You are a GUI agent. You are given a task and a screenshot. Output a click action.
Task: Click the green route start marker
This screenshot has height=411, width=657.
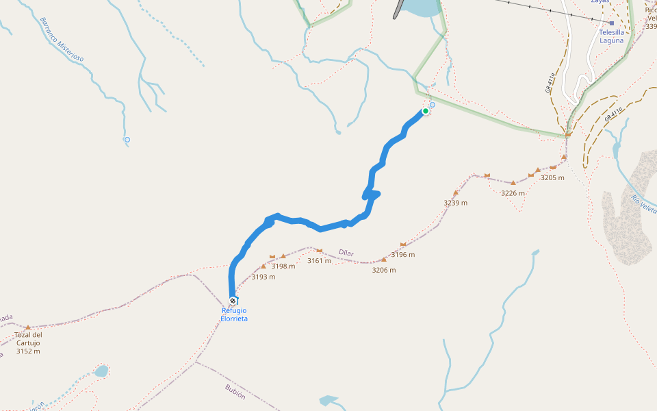click(425, 111)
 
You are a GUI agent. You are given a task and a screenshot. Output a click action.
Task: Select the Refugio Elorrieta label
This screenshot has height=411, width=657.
click(234, 314)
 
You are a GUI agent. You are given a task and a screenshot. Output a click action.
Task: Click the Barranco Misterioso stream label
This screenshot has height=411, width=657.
click(62, 40)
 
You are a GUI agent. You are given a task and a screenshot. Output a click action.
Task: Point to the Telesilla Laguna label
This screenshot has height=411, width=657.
click(611, 36)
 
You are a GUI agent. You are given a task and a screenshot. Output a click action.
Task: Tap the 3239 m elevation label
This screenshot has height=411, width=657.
click(455, 203)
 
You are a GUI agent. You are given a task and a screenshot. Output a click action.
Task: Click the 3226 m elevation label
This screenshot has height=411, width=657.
click(513, 193)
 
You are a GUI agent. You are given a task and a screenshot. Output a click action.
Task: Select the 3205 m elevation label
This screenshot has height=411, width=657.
click(552, 178)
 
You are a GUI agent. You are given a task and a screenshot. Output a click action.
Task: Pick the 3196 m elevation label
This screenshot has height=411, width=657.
click(403, 255)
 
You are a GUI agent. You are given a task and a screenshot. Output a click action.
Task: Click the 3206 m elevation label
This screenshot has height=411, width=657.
click(384, 270)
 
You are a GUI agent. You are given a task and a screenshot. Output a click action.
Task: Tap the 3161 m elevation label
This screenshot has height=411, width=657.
click(319, 261)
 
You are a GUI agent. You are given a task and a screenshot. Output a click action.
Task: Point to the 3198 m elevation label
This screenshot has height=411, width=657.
click(283, 266)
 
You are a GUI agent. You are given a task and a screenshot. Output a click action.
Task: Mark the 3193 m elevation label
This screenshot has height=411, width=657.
click(263, 277)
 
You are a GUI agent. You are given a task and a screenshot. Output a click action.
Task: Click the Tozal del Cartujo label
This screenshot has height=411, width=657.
click(28, 339)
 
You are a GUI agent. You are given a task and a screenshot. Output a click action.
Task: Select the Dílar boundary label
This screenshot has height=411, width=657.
click(346, 253)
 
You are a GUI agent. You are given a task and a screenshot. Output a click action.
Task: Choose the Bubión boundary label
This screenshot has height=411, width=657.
click(235, 392)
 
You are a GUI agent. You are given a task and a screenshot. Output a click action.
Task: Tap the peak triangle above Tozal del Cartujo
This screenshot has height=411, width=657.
click(28, 328)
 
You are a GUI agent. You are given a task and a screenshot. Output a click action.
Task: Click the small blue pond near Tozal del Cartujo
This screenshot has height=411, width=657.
click(101, 371)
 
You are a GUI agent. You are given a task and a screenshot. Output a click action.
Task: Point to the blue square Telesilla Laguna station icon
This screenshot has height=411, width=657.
click(611, 23)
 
